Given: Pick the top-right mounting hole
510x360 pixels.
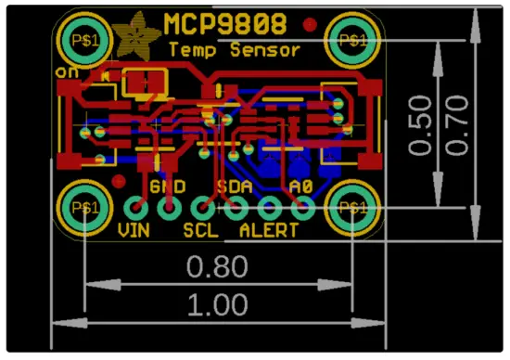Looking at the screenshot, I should [353, 40].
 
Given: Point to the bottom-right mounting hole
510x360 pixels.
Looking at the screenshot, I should [353, 206].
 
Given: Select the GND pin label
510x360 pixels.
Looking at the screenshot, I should [168, 186].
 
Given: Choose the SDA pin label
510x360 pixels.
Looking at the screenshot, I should [234, 186].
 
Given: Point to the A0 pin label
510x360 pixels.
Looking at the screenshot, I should [300, 186].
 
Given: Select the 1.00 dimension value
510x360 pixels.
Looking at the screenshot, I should [218, 303].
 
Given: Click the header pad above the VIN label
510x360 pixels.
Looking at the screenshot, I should [135, 208].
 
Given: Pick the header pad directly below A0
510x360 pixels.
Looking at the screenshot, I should [301, 208].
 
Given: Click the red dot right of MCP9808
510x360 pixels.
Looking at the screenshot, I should [310, 24].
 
